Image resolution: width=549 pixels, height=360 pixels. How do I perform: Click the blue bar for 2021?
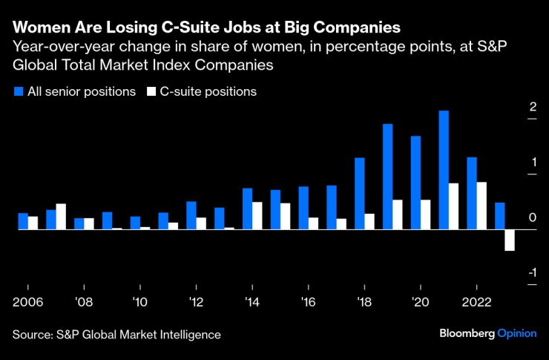pyautogui.click(x=444, y=170)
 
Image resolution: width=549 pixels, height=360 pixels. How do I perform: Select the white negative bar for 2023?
pyautogui.click(x=510, y=240)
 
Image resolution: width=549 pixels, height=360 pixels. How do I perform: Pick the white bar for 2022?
pyautogui.click(x=481, y=206)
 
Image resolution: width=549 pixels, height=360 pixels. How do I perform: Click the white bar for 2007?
pyautogui.click(x=61, y=217)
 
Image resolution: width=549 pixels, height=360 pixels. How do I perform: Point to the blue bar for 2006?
pyautogui.click(x=23, y=221)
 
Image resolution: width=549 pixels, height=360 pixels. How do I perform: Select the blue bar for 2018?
pyautogui.click(x=360, y=194)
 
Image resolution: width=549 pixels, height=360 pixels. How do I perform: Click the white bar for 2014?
pyautogui.click(x=257, y=216)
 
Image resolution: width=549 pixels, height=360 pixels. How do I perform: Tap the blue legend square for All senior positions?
pyautogui.click(x=18, y=92)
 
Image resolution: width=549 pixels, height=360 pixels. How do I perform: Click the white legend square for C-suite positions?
pyautogui.click(x=151, y=92)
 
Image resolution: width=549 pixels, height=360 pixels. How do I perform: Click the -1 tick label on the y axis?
pyautogui.click(x=531, y=274)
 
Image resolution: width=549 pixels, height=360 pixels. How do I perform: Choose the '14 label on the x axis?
pyautogui.click(x=252, y=303)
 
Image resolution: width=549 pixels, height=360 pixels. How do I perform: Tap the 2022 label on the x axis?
pyautogui.click(x=477, y=303)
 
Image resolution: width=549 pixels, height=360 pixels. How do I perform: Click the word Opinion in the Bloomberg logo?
pyautogui.click(x=516, y=333)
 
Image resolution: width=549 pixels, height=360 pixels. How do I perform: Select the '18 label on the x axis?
pyautogui.click(x=364, y=303)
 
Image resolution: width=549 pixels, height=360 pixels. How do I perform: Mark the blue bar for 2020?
pyautogui.click(x=415, y=183)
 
